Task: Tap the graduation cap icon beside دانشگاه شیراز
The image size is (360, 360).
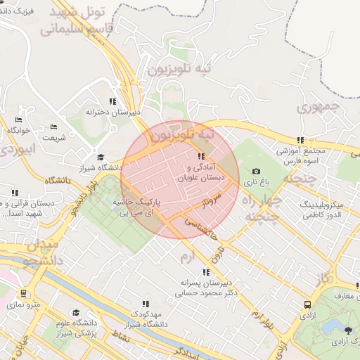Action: click(x=101, y=157)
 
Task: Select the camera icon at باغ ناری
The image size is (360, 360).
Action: click(x=256, y=172)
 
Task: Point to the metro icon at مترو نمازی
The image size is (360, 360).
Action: click(x=25, y=294)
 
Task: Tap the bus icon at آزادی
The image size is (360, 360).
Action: click(x=308, y=304)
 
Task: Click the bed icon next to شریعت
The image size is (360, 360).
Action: click(x=54, y=127)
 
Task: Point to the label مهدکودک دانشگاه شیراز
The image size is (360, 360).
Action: click(x=145, y=319)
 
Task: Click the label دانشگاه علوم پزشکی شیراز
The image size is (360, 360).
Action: click(x=76, y=327)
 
